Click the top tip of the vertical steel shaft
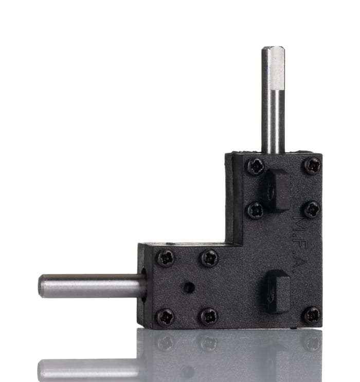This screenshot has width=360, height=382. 273,49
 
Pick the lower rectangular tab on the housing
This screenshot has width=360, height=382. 278,291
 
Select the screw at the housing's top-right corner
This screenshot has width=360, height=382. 312,166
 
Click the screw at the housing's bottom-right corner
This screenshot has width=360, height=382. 312,316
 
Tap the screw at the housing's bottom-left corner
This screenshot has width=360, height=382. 166,316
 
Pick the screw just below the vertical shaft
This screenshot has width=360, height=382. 256,166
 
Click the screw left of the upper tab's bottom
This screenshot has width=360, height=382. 256,210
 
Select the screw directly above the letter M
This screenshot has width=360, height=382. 312,210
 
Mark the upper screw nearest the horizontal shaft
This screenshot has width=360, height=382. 166,257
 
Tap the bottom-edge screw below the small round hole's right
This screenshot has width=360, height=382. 209,316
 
